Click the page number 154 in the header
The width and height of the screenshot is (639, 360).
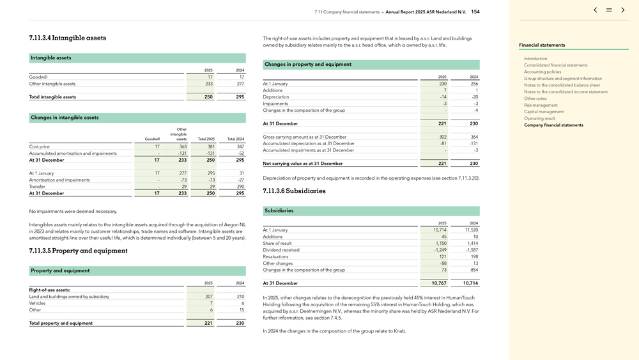[475, 12]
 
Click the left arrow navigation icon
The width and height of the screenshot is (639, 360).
[596, 10]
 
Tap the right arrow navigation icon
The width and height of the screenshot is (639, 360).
[623, 10]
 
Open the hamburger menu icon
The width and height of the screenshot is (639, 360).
[609, 10]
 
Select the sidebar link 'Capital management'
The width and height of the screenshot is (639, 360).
[544, 112]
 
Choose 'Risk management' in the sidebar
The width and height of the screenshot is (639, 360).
[541, 105]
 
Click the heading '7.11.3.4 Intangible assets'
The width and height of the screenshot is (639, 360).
[68, 38]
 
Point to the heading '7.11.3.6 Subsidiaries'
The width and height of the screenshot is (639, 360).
[294, 191]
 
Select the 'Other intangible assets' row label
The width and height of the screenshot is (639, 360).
[52, 84]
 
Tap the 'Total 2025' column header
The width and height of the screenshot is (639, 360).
[206, 139]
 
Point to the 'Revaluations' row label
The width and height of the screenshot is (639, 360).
[276, 256]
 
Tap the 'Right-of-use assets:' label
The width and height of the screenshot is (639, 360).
[50, 290]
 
